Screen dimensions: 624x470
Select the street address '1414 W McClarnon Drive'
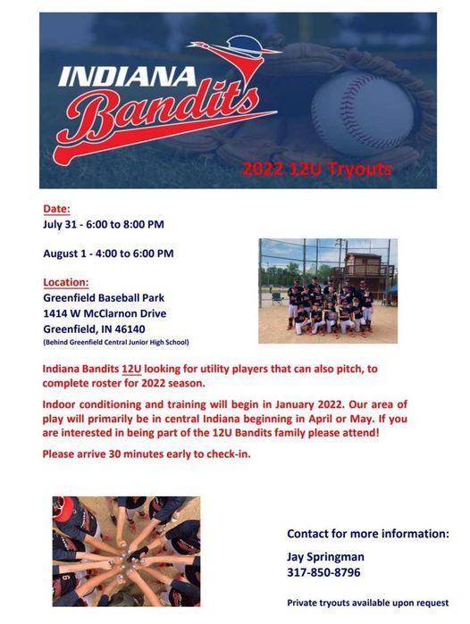(x=105, y=313)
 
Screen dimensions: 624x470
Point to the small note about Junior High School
(x=115, y=342)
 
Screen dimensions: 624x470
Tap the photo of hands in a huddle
(x=125, y=551)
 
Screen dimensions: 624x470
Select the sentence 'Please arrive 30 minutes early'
(x=147, y=453)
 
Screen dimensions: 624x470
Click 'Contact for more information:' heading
(x=367, y=534)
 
